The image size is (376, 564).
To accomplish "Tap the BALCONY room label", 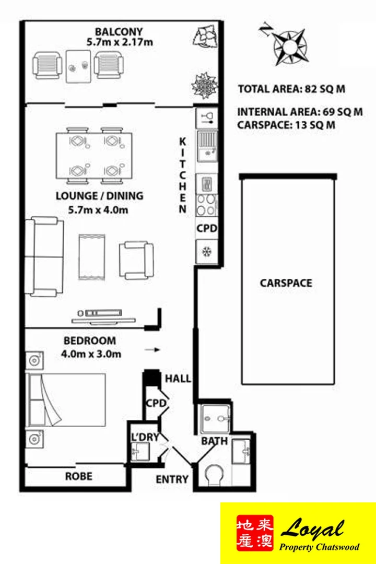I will (119, 31).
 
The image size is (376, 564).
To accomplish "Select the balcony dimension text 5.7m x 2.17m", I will (120, 42).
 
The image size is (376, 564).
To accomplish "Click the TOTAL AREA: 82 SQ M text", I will (291, 89).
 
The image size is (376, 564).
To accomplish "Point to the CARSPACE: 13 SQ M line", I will (286, 125).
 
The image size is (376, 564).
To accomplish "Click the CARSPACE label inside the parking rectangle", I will (286, 283).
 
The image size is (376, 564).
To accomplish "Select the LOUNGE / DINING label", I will (99, 196).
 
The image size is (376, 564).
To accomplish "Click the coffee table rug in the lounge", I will (92, 256).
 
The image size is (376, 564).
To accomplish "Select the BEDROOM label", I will (89, 340).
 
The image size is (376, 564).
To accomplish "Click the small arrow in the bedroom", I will (152, 350).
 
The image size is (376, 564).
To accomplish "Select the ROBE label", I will (78, 476).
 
